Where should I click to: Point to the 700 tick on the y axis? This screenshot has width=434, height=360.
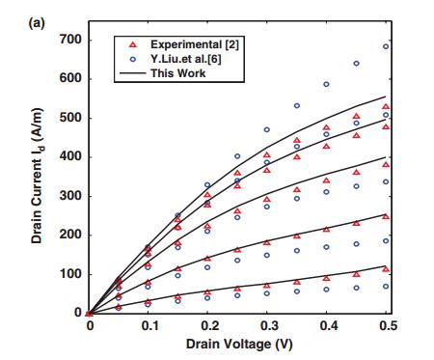69,40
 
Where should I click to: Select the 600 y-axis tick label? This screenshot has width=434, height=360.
69,79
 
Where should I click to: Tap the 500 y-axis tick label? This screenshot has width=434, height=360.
69,118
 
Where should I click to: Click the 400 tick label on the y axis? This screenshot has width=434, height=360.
69,157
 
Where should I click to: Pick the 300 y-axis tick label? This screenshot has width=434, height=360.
69,196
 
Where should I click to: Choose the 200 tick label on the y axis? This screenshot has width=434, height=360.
69,235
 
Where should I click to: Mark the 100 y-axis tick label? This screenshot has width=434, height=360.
69,274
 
